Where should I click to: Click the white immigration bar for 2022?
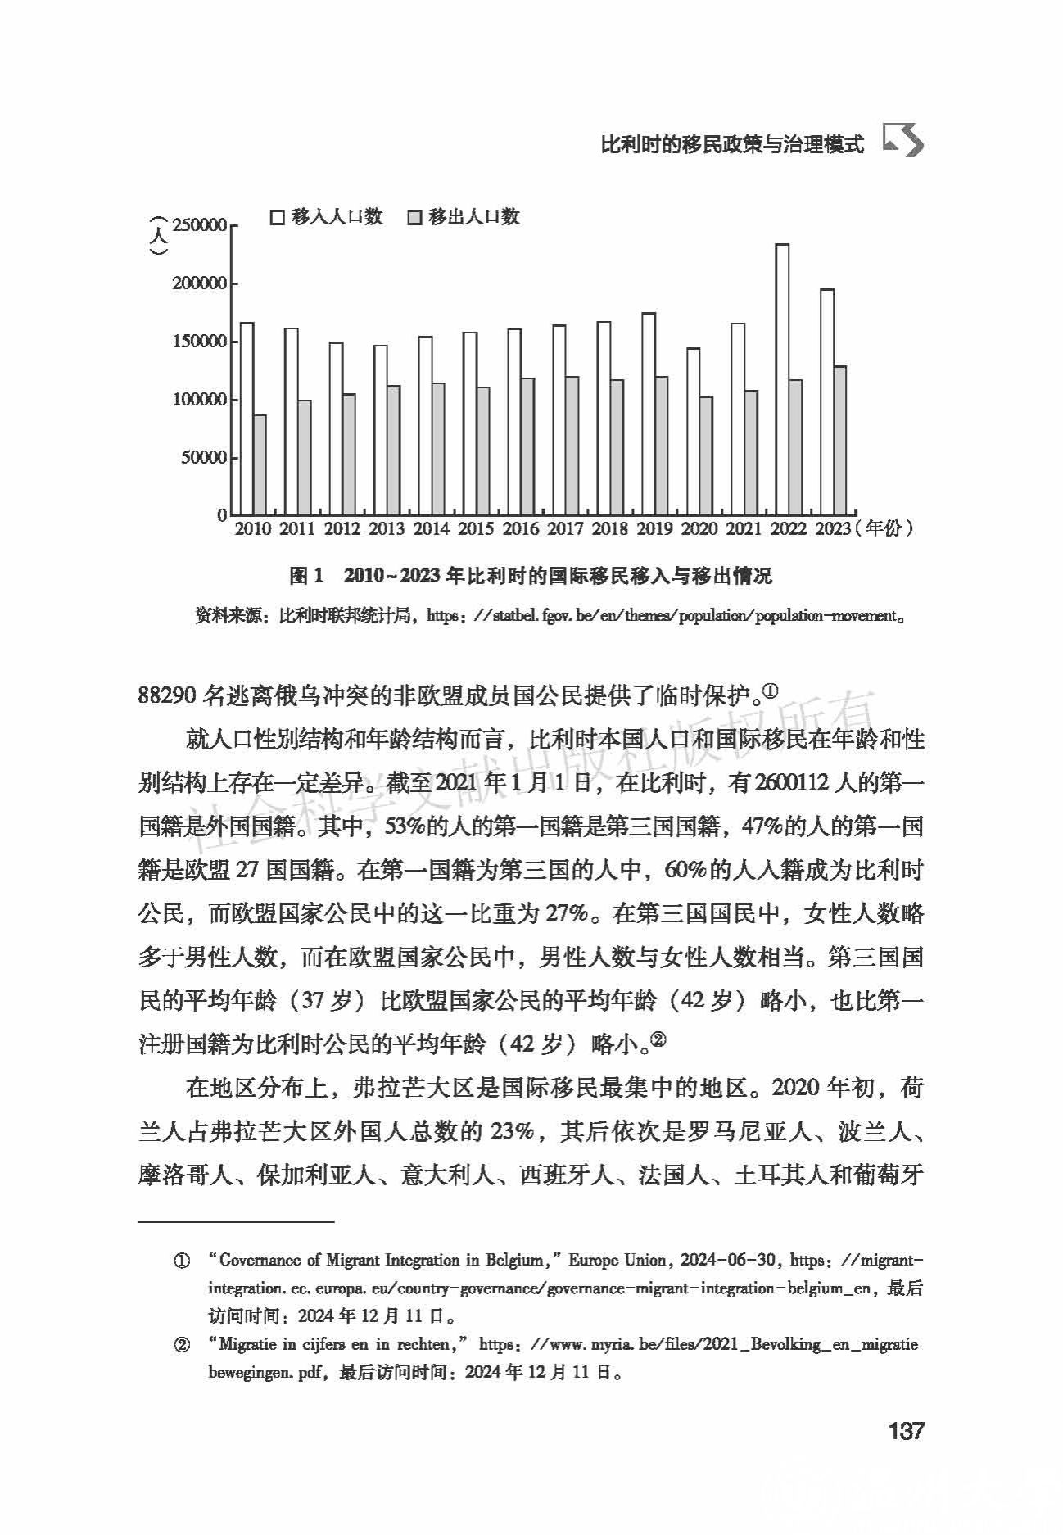click(x=782, y=379)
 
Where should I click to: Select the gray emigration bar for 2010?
click(x=260, y=464)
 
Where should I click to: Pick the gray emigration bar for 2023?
click(x=840, y=440)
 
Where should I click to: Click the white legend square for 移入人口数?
click(x=278, y=217)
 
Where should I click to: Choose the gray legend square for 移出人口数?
click(x=414, y=217)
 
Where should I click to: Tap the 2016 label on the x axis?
click(x=521, y=529)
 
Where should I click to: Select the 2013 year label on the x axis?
click(x=387, y=529)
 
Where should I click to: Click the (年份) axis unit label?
click(x=884, y=529)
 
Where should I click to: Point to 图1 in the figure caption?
click(x=308, y=577)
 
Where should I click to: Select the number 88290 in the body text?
click(x=166, y=695)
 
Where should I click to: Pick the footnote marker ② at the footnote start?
click(x=182, y=1345)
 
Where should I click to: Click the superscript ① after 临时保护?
click(x=770, y=692)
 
